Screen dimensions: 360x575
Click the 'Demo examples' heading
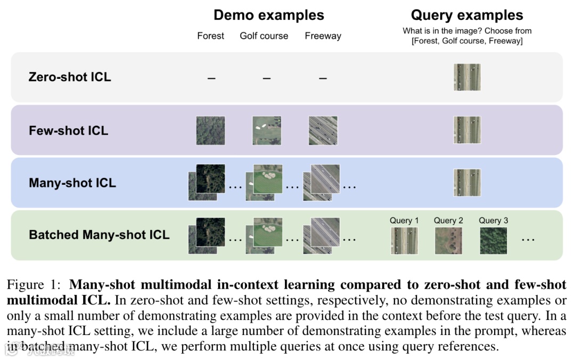[x=268, y=15]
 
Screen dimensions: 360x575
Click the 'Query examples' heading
[x=467, y=15]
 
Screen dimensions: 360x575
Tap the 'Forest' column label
[x=211, y=36]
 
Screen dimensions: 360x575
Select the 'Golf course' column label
[x=264, y=36]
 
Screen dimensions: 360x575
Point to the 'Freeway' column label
[x=323, y=36]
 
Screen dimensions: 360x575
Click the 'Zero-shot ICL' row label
[x=70, y=77]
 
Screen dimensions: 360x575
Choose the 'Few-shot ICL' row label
[x=68, y=130]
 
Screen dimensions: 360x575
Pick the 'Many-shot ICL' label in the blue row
[x=72, y=183]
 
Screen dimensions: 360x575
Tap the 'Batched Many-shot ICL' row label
[x=99, y=235]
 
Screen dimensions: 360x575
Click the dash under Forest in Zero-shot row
[x=211, y=78]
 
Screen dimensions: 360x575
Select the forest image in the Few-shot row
[x=210, y=130]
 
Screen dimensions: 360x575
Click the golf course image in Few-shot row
[x=267, y=130]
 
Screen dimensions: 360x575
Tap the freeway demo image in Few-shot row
[x=323, y=130]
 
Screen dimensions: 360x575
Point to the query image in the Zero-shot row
[x=467, y=77]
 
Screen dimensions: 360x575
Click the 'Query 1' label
[x=404, y=220]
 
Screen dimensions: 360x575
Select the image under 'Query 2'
[x=448, y=241]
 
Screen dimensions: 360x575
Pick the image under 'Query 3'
[x=493, y=241]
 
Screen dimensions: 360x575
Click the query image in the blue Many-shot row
[x=467, y=183]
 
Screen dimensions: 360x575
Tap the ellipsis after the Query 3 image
[x=528, y=240]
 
